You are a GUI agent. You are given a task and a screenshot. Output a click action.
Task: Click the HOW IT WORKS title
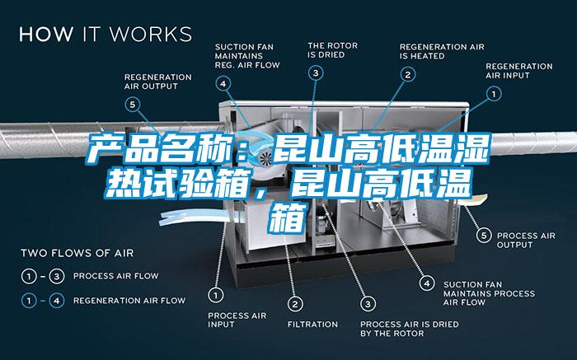coord(106,34)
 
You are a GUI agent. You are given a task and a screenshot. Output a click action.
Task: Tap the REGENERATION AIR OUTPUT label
coord(158,82)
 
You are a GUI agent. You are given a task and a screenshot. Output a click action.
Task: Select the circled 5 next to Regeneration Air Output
coord(133,105)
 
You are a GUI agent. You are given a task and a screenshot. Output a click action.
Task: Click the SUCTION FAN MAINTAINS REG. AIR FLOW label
coord(247,56)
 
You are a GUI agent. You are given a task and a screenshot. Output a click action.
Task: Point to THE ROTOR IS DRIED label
coord(333,50)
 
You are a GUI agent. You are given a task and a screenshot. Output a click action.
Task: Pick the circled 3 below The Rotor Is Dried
coord(316,72)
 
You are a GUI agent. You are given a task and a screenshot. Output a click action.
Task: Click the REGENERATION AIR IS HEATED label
coord(442,51)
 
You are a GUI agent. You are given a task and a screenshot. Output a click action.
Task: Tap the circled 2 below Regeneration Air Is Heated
coord(408,75)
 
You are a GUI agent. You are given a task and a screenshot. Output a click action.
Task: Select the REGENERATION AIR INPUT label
coord(518,71)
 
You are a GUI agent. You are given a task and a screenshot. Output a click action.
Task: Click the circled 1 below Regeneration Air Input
coord(494,94)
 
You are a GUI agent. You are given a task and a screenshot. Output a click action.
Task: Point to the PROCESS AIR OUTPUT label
coord(526,240)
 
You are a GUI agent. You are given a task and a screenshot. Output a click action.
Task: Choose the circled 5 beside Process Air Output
coord(484,236)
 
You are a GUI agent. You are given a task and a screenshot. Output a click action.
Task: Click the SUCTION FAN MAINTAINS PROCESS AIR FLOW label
coord(489,293)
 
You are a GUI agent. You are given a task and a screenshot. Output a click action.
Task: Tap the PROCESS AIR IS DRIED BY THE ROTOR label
coord(409,329)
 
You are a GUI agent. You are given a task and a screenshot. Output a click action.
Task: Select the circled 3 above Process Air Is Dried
coord(368,304)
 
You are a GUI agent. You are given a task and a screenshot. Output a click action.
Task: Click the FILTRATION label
coord(312,325)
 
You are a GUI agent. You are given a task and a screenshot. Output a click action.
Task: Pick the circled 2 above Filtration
coord(295,304)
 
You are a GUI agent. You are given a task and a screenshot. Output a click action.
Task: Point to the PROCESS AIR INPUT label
coord(237,320)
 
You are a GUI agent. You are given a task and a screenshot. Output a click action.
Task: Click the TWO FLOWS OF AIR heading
coord(77,253)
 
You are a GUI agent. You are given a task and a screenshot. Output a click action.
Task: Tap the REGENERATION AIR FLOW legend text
coord(129,301)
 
